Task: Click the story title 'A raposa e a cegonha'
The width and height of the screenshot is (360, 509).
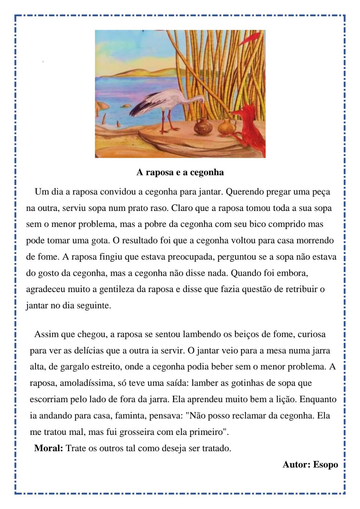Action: [180, 172]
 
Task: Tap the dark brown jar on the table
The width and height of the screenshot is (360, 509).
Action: [201, 126]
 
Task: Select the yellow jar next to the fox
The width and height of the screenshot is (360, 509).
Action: [226, 127]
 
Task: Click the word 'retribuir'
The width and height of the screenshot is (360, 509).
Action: [301, 289]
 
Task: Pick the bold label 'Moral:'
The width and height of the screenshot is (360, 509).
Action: [49, 448]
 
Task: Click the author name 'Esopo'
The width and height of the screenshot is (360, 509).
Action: [325, 464]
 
